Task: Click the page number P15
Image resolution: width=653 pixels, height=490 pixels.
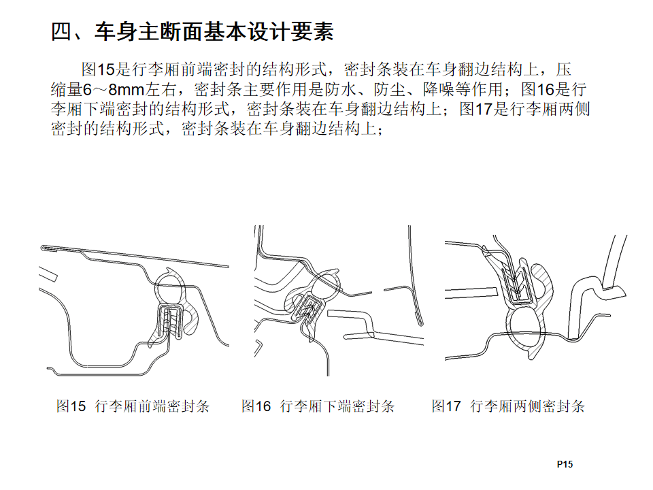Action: coord(565,464)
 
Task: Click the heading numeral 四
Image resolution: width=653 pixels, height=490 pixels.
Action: coord(61,32)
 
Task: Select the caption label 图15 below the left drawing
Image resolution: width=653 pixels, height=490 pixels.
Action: coord(71,406)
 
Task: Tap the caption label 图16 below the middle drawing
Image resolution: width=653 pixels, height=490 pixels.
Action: coord(256,406)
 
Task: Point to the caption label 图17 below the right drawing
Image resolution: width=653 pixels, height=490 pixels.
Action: coord(446,406)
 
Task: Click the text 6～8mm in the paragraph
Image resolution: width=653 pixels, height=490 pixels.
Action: coord(113,89)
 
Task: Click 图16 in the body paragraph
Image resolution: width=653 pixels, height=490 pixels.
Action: coord(537,89)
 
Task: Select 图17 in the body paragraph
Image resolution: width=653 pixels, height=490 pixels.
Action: coord(476,109)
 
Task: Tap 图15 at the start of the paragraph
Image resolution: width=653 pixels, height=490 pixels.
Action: coord(98,69)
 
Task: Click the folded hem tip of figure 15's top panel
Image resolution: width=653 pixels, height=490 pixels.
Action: coord(44,248)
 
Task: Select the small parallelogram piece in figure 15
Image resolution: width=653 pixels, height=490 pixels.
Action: coord(48,274)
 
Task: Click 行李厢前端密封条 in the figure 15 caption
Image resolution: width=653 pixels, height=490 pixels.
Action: coord(152,406)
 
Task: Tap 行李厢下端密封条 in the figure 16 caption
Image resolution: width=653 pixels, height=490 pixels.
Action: coord(337,406)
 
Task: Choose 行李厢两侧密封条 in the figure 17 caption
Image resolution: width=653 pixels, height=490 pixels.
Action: coord(528,406)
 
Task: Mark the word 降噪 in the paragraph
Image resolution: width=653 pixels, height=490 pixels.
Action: coord(439,89)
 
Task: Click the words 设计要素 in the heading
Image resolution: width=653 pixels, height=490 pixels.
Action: coord(291,32)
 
